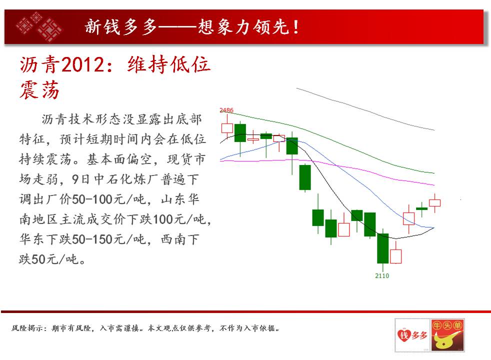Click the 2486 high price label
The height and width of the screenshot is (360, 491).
(x=226, y=110)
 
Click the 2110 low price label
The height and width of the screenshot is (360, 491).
(x=382, y=276)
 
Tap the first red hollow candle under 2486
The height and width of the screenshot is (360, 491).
(x=227, y=128)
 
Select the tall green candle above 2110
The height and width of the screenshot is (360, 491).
(x=382, y=248)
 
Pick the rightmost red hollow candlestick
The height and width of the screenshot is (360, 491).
(x=434, y=203)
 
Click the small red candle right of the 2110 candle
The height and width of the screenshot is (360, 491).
(x=396, y=256)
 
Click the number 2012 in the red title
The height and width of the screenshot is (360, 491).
(x=82, y=65)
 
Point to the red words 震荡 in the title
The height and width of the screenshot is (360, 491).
(x=39, y=90)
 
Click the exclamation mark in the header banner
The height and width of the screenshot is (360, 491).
(x=295, y=27)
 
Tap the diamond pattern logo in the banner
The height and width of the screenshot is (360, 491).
(x=39, y=27)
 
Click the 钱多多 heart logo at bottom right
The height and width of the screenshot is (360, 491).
(x=412, y=335)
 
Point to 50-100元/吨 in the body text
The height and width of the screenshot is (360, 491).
(x=109, y=199)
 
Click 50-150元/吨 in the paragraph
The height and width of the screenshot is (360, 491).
(x=109, y=239)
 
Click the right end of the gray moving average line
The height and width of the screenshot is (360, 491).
(x=434, y=130)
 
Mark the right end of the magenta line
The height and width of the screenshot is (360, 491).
(x=434, y=185)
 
